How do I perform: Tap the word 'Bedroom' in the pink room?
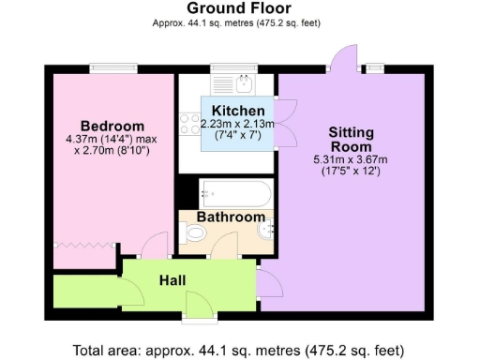(112, 127)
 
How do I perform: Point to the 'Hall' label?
(171, 280)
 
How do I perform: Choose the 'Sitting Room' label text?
(350, 140)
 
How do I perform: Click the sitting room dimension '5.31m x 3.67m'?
(350, 160)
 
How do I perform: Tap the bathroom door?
(223, 247)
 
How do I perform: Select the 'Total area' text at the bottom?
(239, 350)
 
